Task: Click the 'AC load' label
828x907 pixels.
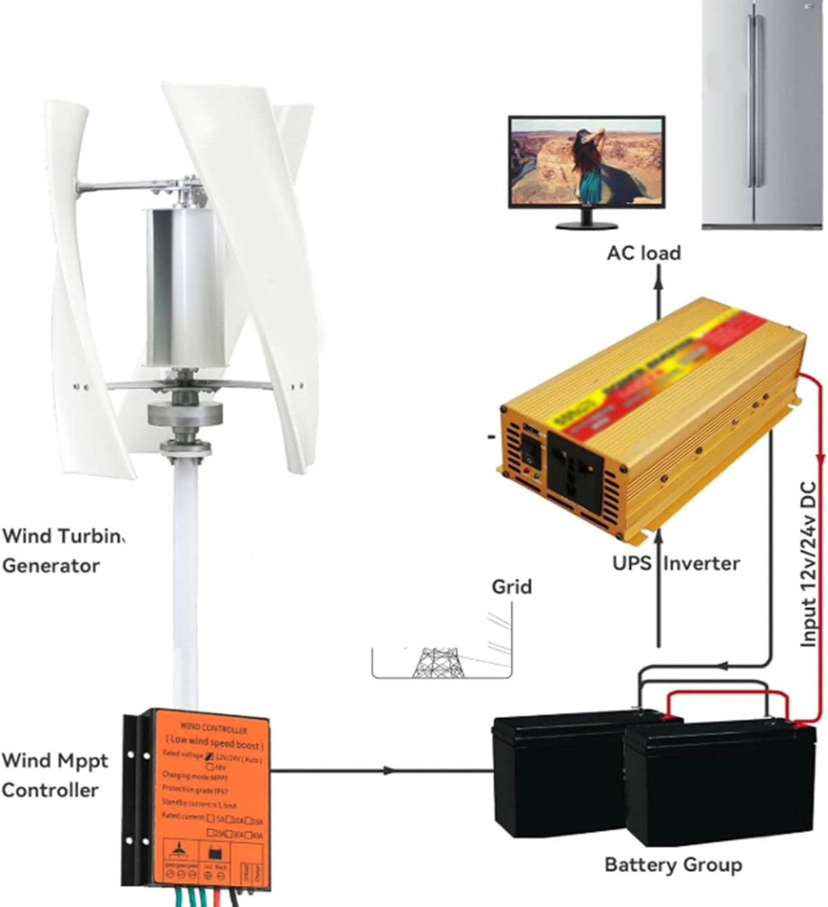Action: click(644, 253)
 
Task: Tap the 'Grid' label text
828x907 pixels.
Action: click(511, 587)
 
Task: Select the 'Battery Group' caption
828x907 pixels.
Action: click(673, 865)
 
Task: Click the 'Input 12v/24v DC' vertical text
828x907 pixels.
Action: click(808, 565)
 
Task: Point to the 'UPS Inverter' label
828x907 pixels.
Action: click(676, 563)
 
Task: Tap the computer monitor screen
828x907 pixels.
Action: click(586, 163)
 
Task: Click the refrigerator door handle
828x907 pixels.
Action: click(752, 103)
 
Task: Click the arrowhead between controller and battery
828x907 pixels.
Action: click(390, 770)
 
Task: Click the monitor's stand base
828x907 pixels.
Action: click(586, 226)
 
